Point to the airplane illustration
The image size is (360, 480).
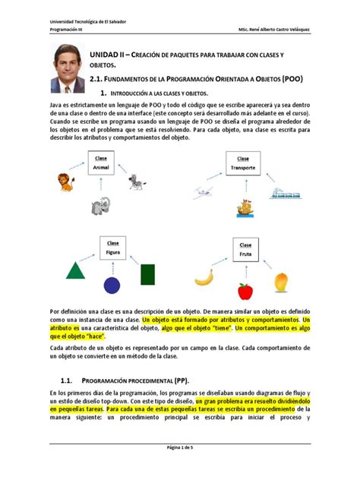tap(202, 193)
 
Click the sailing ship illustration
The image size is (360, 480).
tap(245, 206)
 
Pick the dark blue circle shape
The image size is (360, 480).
tap(112, 285)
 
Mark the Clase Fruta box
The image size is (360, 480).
tap(245, 249)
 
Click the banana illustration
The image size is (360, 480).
tap(204, 278)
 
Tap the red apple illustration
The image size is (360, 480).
tap(245, 291)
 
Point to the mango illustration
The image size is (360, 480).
tap(281, 281)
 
